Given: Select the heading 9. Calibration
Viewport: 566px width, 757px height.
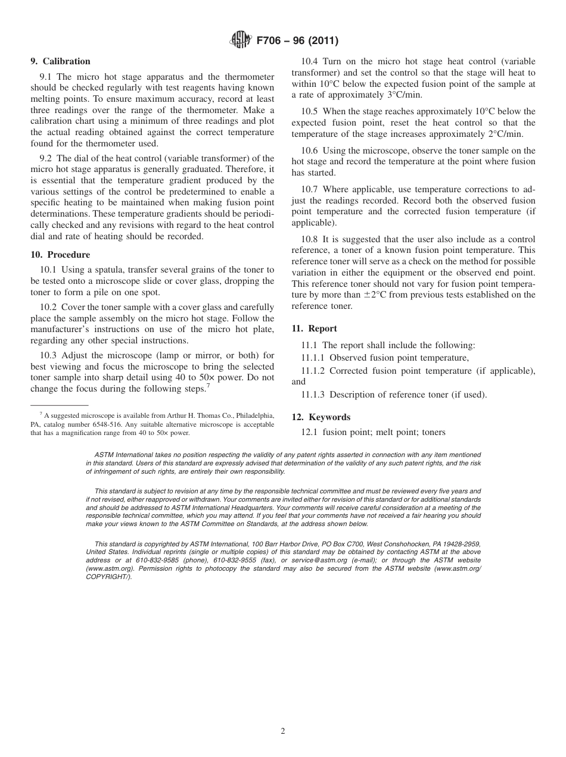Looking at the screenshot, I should tap(60, 61).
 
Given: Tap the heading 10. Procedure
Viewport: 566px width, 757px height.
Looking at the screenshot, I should tap(60, 255).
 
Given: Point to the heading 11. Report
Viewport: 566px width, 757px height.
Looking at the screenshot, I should tap(314, 329).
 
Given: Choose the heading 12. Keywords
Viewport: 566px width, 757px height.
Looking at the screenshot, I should tap(321, 417).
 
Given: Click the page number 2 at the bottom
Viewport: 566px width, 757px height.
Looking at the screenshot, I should tap(283, 731).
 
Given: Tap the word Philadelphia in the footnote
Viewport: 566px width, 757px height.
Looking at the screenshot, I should tap(253, 415).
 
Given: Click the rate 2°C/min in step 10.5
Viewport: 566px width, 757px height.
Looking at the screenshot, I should tap(503, 134).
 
